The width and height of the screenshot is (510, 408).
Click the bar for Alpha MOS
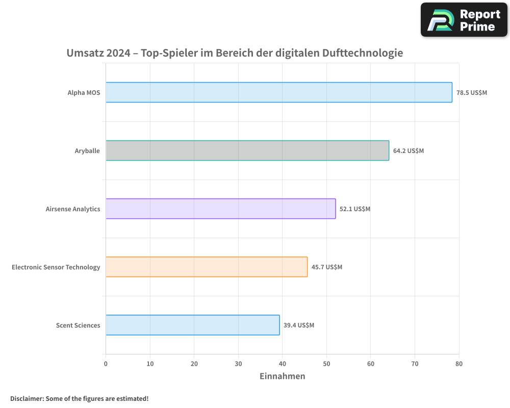[278, 92]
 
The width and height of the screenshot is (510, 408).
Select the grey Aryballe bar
[247, 150]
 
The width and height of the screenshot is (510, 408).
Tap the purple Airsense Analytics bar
[220, 209]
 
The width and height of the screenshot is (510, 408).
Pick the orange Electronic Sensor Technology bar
[207, 267]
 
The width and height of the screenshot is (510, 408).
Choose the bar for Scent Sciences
[192, 325]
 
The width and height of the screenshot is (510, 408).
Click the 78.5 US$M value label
[472, 93]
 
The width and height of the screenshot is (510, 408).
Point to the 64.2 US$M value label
[409, 151]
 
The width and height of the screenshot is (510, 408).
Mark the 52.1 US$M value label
[355, 209]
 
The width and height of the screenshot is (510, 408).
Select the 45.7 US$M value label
[327, 267]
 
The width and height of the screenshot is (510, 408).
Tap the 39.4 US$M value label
[299, 325]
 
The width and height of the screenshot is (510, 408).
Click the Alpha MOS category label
[84, 93]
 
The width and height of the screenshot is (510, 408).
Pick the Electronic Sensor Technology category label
[56, 267]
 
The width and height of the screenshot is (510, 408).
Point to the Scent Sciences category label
[78, 325]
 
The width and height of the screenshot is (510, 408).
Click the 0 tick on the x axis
[106, 364]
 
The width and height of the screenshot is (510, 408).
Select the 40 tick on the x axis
[282, 364]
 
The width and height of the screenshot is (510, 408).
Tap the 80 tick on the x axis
[459, 364]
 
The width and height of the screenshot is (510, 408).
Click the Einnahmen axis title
[282, 376]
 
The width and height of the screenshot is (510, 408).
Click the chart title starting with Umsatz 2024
[235, 53]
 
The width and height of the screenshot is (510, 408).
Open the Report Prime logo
[464, 20]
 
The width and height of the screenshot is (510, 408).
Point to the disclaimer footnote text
[79, 398]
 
